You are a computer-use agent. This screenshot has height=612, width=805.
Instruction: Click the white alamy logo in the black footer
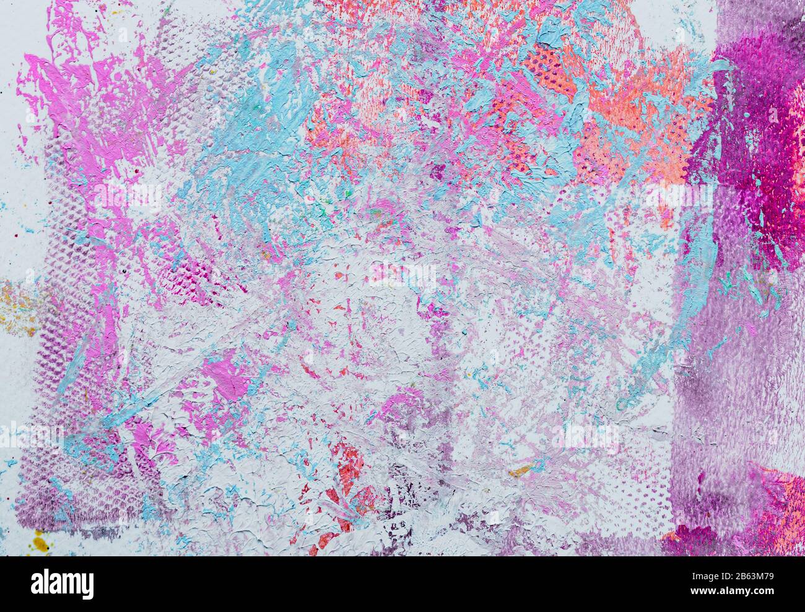click(x=62, y=584)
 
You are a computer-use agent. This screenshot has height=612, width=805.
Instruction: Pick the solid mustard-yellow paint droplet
click(x=40, y=544)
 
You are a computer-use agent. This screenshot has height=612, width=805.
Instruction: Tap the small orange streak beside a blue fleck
click(x=520, y=472)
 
